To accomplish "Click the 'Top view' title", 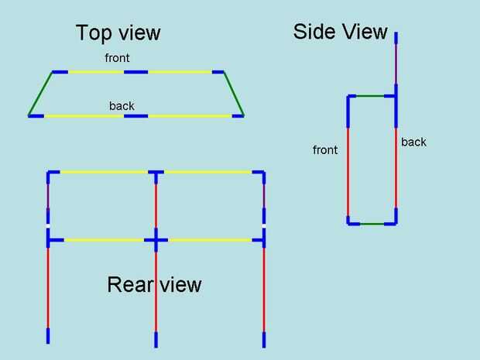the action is [x=118, y=33].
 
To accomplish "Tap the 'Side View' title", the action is [x=340, y=32].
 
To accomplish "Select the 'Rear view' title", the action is [x=154, y=285].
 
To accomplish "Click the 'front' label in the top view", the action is [x=118, y=58].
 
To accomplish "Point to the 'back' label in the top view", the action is [x=122, y=105].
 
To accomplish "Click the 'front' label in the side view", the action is [x=325, y=150].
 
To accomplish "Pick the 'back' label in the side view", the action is [x=413, y=142].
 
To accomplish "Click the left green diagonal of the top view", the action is [x=41, y=94].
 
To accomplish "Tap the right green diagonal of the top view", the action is [x=233, y=94].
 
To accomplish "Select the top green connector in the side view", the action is [x=371, y=96].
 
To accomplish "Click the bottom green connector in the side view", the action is [x=372, y=224].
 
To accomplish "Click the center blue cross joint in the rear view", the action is [x=156, y=240].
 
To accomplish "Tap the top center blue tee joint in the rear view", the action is [x=156, y=173].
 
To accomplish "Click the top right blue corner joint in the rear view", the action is [x=262, y=174].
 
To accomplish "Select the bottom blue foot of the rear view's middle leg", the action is [x=156, y=339].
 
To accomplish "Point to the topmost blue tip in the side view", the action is [x=396, y=39].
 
